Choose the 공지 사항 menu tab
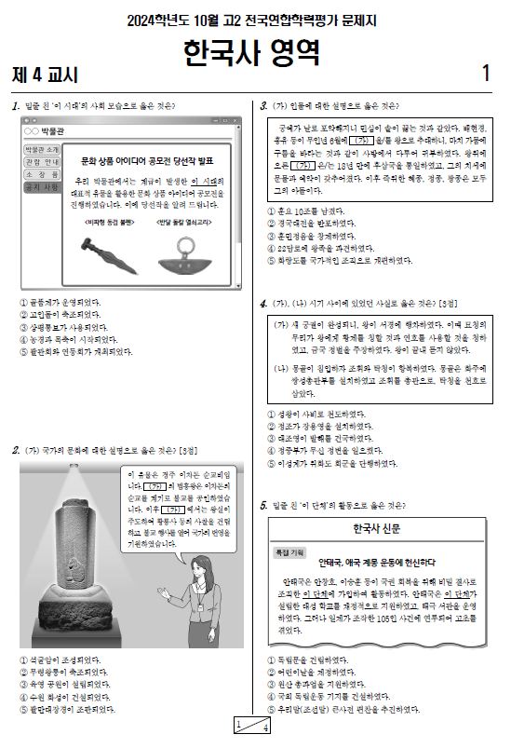[41, 187]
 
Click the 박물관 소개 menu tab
[41, 150]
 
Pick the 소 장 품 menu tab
[41, 175]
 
